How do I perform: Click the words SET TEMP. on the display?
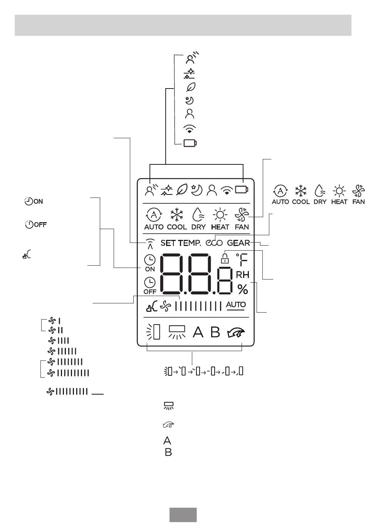click(x=181, y=243)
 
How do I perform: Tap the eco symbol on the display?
click(x=214, y=243)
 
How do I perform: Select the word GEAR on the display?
click(x=238, y=243)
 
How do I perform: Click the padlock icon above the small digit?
click(x=225, y=258)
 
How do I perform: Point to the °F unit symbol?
click(x=242, y=260)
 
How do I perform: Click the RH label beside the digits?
click(x=243, y=275)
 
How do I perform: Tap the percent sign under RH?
click(x=243, y=289)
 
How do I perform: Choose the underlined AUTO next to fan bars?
click(x=236, y=305)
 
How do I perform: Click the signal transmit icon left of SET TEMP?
click(x=150, y=244)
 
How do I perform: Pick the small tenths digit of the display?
click(x=225, y=281)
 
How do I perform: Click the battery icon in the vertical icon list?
click(x=190, y=143)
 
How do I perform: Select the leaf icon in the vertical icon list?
click(x=191, y=87)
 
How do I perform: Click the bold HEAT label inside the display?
click(x=220, y=227)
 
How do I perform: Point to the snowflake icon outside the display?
click(x=301, y=191)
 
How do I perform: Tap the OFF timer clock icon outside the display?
click(x=29, y=224)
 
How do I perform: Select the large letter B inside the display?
click(x=215, y=332)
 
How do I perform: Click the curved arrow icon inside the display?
click(x=236, y=333)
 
